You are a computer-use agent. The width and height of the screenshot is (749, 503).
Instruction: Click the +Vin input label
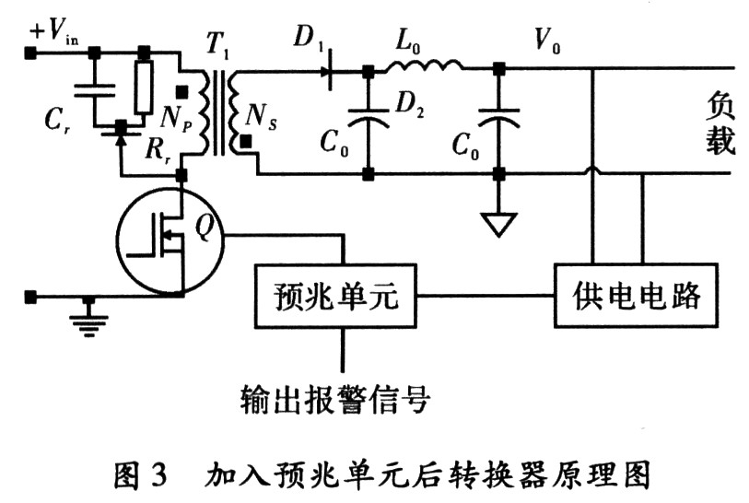(x=54, y=31)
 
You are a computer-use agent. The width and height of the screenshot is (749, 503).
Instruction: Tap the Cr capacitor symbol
(x=95, y=90)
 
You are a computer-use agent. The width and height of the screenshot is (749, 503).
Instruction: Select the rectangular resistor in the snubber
(x=144, y=87)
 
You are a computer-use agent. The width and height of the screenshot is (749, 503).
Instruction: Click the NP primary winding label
(x=176, y=118)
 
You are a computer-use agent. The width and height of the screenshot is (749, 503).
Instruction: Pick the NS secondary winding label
(x=261, y=118)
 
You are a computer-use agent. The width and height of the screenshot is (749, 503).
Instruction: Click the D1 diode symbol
(x=329, y=72)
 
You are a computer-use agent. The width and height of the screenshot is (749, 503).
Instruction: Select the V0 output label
(x=547, y=40)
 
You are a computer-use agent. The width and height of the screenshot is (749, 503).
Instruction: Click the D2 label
(x=409, y=104)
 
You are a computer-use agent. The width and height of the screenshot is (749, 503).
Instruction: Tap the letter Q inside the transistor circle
(x=204, y=228)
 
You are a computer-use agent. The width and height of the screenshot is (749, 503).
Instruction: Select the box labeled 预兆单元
(x=335, y=295)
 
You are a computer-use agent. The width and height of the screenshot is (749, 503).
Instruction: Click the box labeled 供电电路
(x=636, y=295)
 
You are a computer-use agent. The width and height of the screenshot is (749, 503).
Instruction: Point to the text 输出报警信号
(x=335, y=399)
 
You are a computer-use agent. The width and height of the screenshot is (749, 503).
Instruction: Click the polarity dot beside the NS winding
(x=246, y=142)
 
